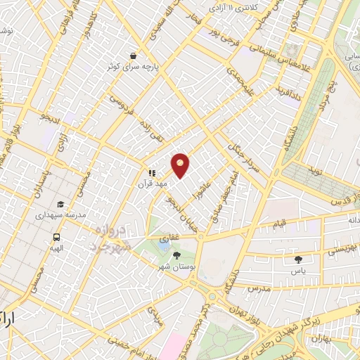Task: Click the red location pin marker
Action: point(181,165)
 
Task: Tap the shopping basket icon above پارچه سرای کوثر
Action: point(133,55)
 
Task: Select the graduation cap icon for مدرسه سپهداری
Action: point(61,205)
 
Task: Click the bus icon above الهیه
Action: point(56,237)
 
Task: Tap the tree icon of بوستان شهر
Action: point(176,255)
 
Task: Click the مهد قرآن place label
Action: point(154,184)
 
